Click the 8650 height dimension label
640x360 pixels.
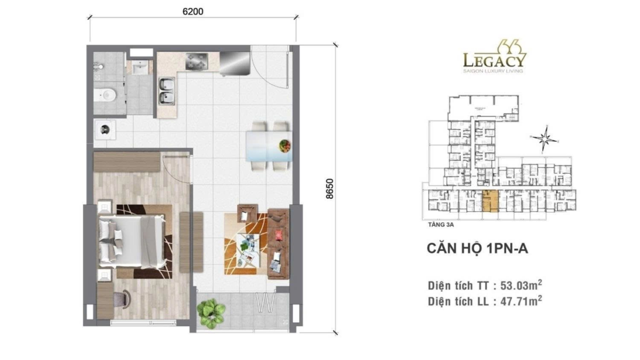point(329,188)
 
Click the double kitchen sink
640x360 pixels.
point(166,91)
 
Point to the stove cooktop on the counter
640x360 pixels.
point(197,60)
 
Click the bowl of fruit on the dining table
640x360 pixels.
point(285,145)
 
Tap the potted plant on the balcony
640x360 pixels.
point(211,313)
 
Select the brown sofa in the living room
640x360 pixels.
point(278,241)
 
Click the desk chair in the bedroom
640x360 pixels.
point(120,299)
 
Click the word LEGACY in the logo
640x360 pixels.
point(495,60)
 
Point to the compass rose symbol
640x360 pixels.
point(545,138)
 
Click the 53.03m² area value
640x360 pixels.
point(521,285)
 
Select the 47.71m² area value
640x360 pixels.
point(521,301)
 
